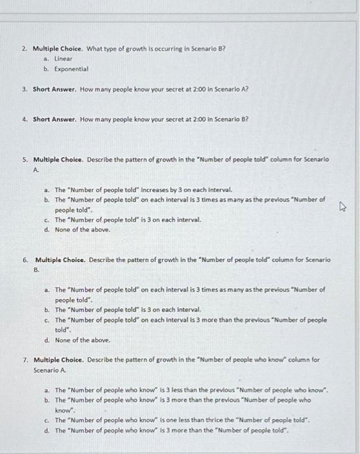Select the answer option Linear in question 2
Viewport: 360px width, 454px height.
point(63,58)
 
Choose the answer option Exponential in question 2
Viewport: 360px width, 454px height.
point(71,68)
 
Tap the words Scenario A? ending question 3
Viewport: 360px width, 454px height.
point(232,90)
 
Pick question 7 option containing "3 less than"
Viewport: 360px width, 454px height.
point(191,390)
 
